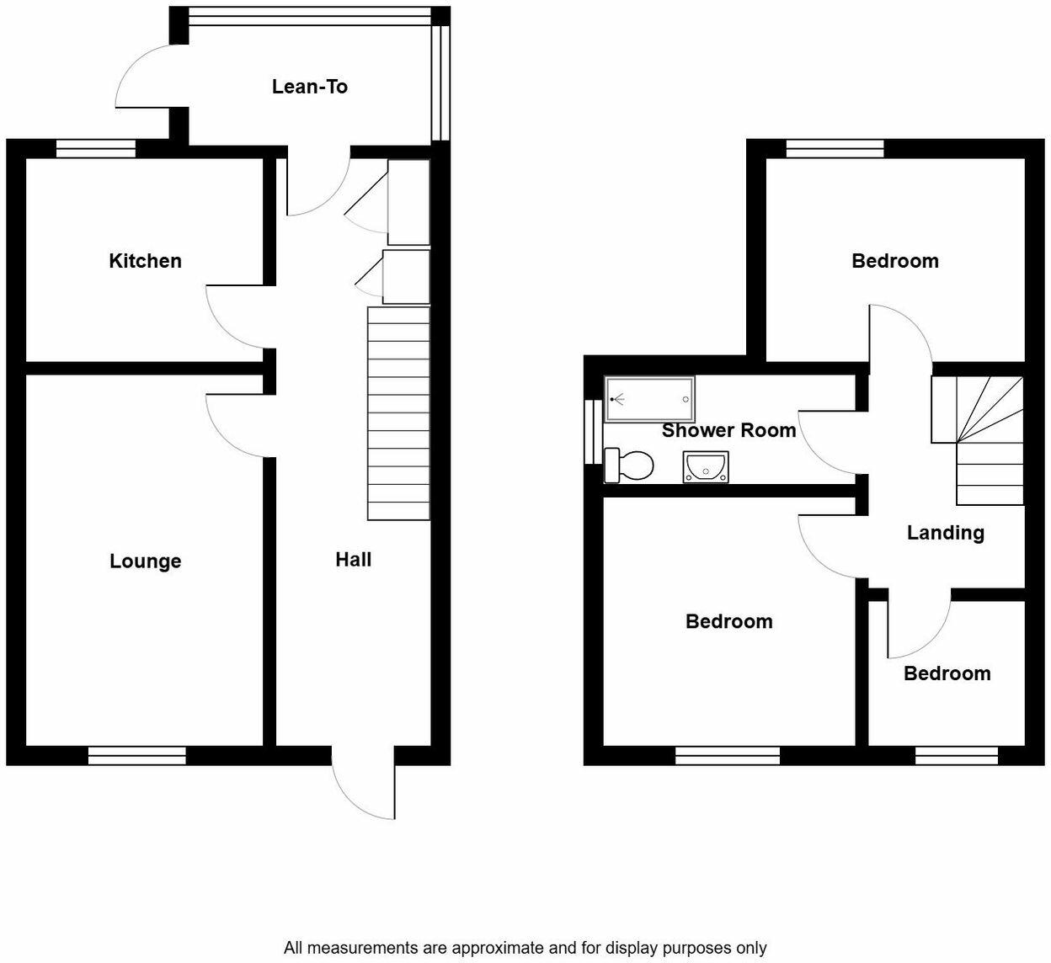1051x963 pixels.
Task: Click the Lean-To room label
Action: [x=309, y=87]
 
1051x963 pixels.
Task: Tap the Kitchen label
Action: [x=145, y=261]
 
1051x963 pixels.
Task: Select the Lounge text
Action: [x=145, y=561]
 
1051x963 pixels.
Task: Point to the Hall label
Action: [x=353, y=560]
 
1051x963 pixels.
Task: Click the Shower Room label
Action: [x=728, y=431]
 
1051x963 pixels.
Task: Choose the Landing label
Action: [x=945, y=533]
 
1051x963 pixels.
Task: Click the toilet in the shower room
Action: [x=630, y=466]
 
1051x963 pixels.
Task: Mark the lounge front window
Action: [x=136, y=756]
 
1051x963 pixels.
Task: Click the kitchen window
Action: [x=96, y=149]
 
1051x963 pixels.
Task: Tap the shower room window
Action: [x=593, y=431]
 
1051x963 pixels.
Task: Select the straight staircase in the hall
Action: [x=398, y=412]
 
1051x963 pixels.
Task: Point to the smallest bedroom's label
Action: [x=947, y=673]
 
